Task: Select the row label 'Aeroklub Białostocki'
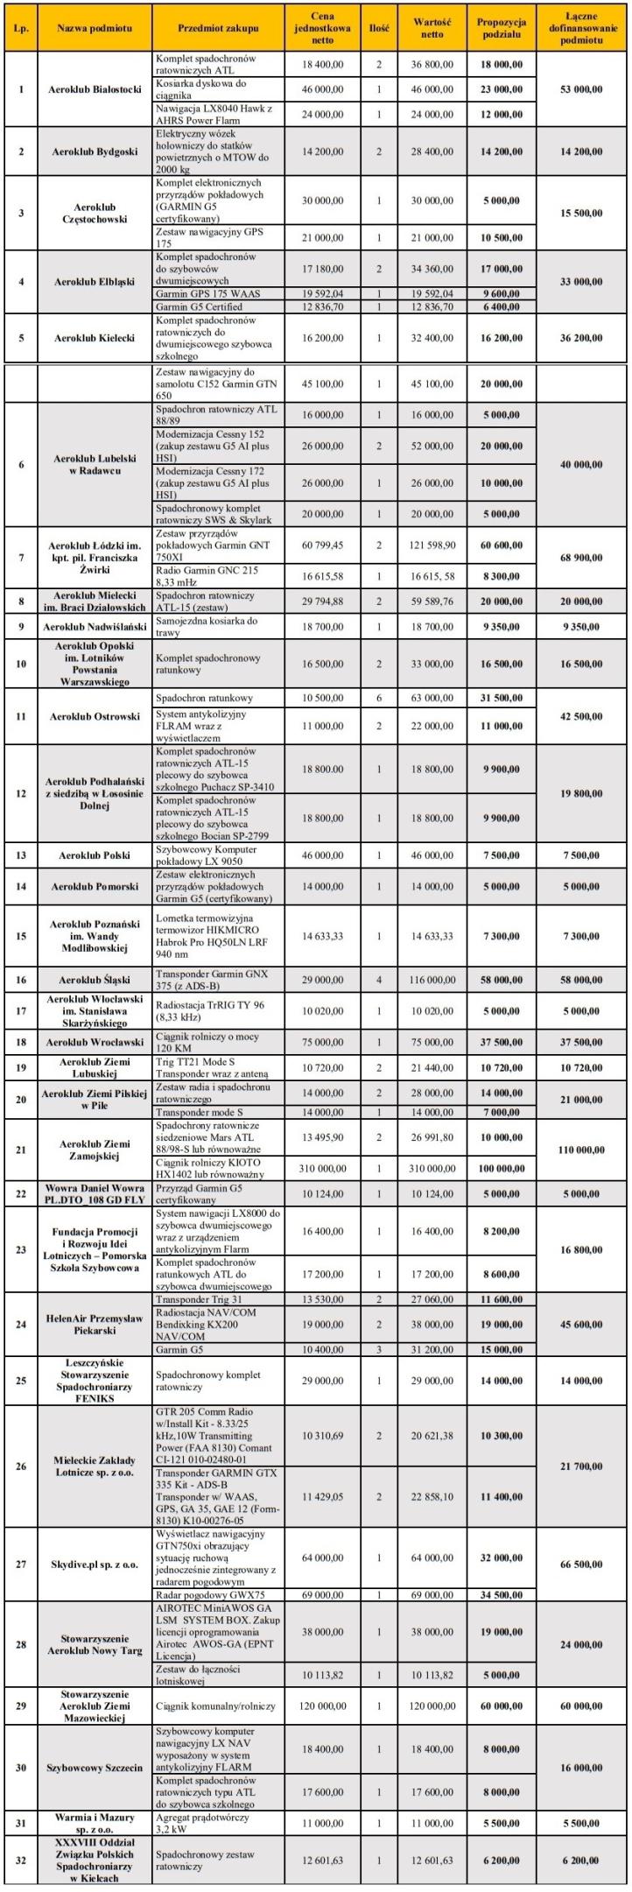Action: pos(95,89)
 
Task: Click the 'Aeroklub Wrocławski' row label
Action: pos(95,1043)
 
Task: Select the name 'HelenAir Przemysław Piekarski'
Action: pos(95,1325)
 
